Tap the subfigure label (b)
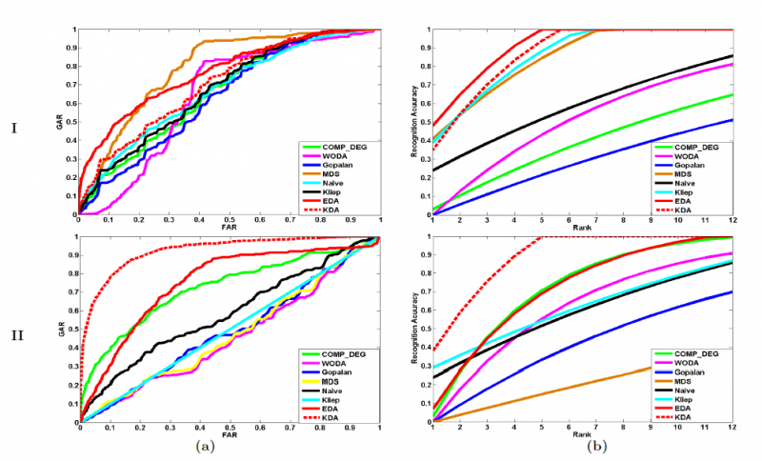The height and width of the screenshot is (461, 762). (x=595, y=446)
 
